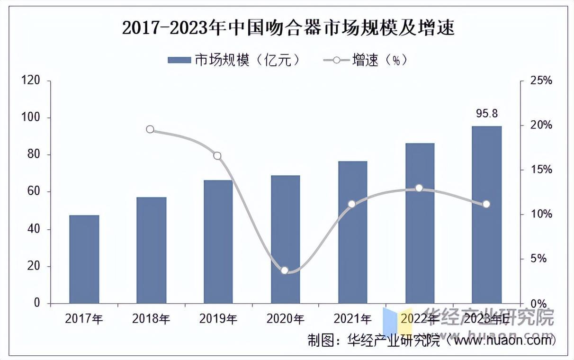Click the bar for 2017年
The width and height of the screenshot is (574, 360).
[x=84, y=259]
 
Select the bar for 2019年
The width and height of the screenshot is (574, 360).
[x=218, y=242]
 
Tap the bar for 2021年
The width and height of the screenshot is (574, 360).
[x=353, y=232]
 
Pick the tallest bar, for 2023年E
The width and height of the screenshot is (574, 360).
[x=487, y=215]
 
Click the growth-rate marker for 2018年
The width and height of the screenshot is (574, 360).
[x=150, y=129]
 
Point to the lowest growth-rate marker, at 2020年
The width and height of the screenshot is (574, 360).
[x=285, y=270]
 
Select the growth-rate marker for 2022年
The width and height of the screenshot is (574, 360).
[x=419, y=188]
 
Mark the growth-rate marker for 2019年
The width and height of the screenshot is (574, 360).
[x=217, y=156]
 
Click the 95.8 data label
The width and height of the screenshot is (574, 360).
[x=486, y=114]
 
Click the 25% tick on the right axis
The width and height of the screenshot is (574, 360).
[x=541, y=81]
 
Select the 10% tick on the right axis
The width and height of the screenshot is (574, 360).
[x=541, y=215]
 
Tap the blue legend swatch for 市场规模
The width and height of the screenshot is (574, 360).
[x=179, y=60]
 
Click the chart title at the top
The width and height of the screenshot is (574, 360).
[x=288, y=28]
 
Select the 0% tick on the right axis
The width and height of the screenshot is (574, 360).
[x=539, y=304]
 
